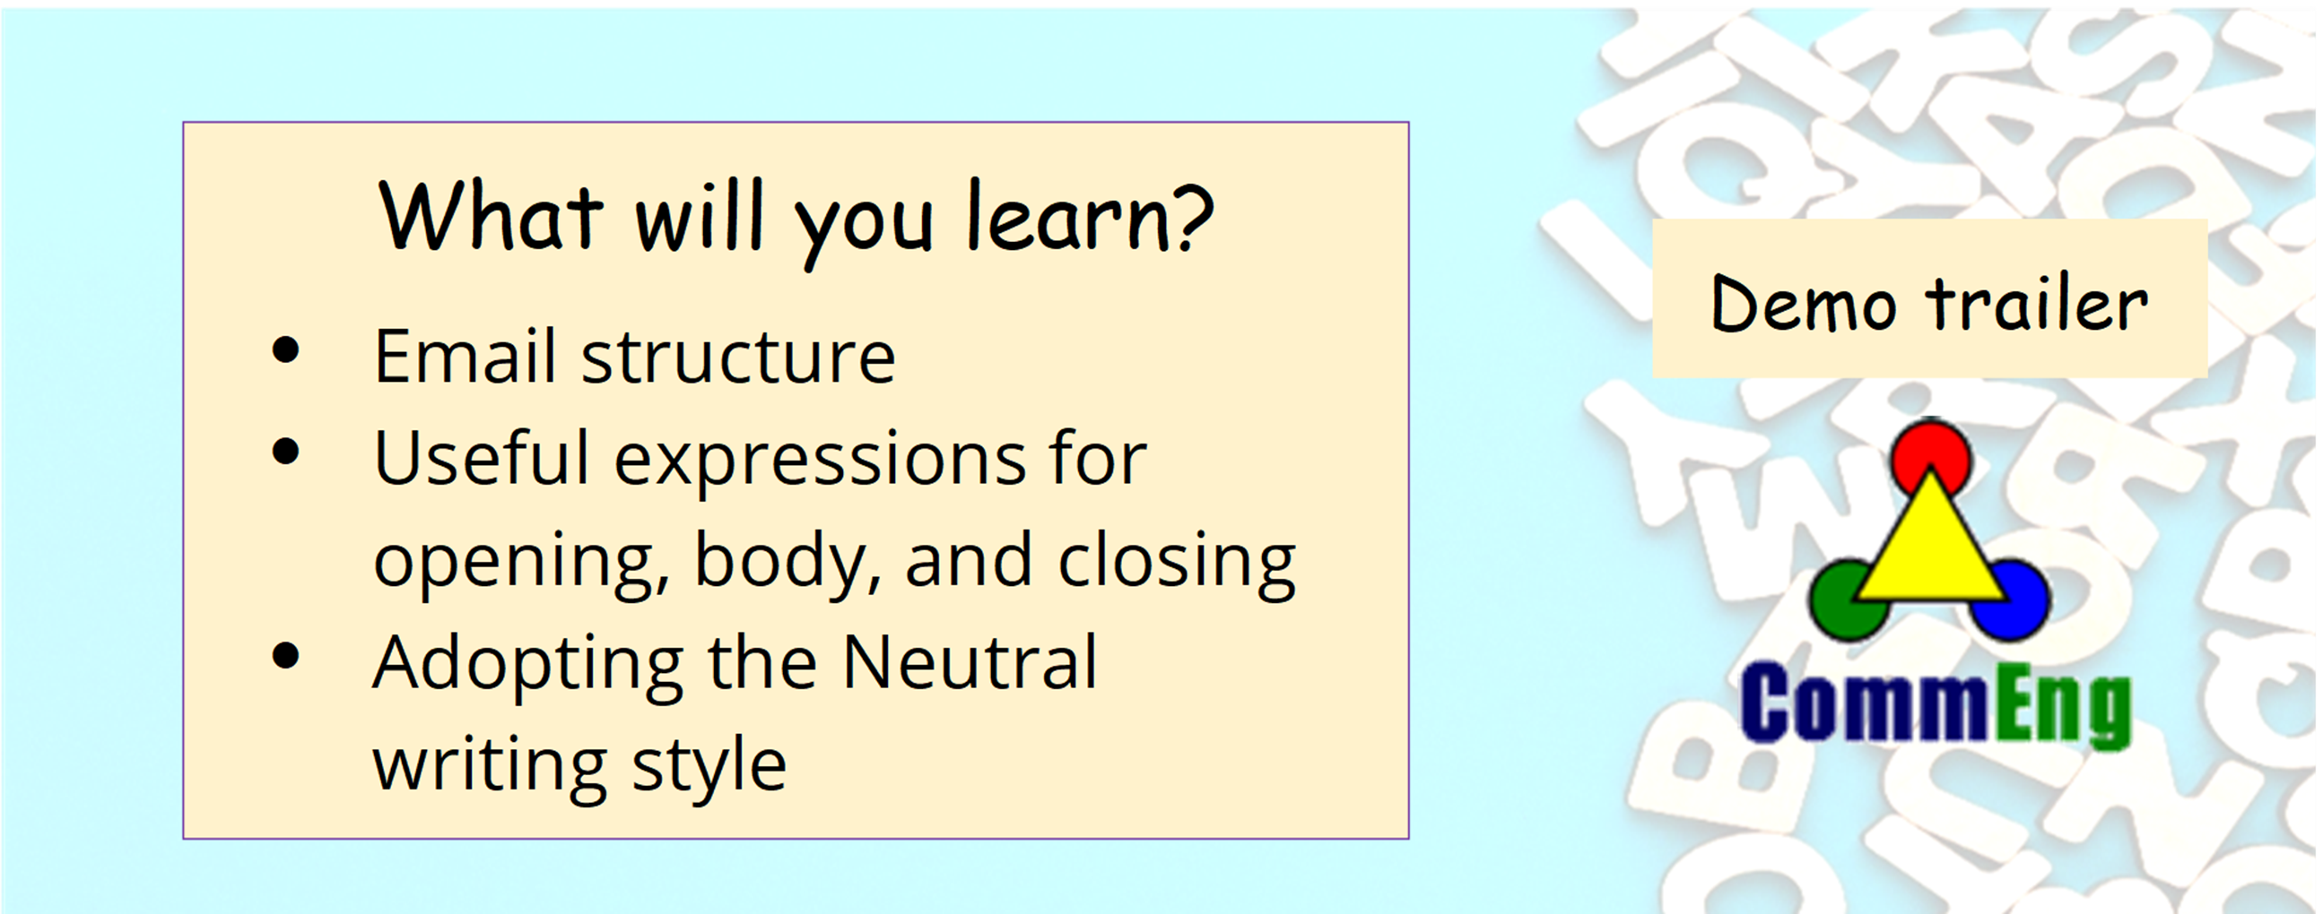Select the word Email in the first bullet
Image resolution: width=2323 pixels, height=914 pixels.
click(465, 356)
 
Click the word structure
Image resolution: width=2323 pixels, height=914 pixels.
click(737, 358)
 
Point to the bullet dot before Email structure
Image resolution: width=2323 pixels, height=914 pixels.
click(286, 349)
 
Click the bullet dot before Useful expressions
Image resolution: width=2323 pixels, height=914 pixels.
click(286, 452)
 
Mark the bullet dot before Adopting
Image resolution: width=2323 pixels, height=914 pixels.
click(286, 655)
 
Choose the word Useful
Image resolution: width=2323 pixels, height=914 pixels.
click(482, 457)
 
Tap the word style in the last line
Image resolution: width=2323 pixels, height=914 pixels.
click(709, 766)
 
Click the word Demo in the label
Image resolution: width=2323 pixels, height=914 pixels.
click(1803, 305)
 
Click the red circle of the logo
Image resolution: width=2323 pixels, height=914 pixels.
click(1930, 457)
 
